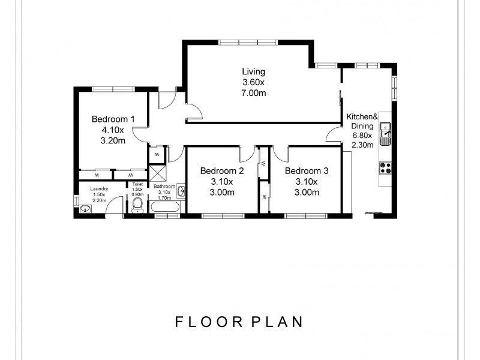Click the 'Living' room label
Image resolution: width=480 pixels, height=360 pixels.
(x=253, y=71)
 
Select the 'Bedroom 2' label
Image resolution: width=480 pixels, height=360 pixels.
(x=222, y=171)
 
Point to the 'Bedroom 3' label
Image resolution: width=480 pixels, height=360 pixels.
(x=307, y=171)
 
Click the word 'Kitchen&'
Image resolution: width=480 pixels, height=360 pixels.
(x=362, y=117)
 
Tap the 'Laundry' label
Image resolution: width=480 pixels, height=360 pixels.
(x=99, y=189)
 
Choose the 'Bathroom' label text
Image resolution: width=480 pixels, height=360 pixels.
(x=164, y=187)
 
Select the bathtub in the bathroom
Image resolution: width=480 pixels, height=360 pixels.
(x=164, y=208)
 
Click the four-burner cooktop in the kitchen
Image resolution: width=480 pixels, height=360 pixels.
(x=386, y=168)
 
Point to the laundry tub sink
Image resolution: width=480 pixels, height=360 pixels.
(x=85, y=209)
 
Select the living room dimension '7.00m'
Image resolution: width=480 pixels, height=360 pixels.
(x=253, y=93)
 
